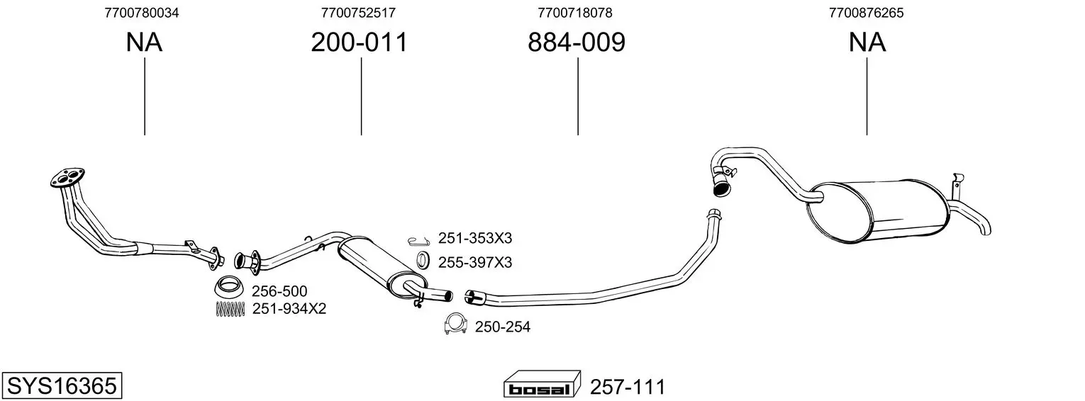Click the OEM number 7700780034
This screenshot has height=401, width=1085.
pos(141,13)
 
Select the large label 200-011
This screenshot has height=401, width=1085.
pos(360,42)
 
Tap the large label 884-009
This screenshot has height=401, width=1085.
pos(577,42)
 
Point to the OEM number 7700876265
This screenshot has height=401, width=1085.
pos(866,13)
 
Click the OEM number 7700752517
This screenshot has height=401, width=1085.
pos(358,13)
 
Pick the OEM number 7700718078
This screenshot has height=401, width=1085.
pos(575,13)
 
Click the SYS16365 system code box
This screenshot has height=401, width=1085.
pos(62,385)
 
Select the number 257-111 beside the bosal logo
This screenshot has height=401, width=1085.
pos(628,387)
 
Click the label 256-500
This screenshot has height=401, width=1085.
pos(279,291)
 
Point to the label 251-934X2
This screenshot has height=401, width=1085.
pos(289,309)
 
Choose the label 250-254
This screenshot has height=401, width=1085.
pos(503,327)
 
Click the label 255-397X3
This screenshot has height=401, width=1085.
pos(475,263)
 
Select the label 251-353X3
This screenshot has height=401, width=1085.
pos(475,238)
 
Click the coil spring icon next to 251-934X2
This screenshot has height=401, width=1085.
pos(230,309)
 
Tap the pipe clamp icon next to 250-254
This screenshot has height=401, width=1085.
pos(455,324)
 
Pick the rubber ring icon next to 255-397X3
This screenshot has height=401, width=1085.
pos(423,260)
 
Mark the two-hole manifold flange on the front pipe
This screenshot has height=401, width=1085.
pos(67,178)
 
